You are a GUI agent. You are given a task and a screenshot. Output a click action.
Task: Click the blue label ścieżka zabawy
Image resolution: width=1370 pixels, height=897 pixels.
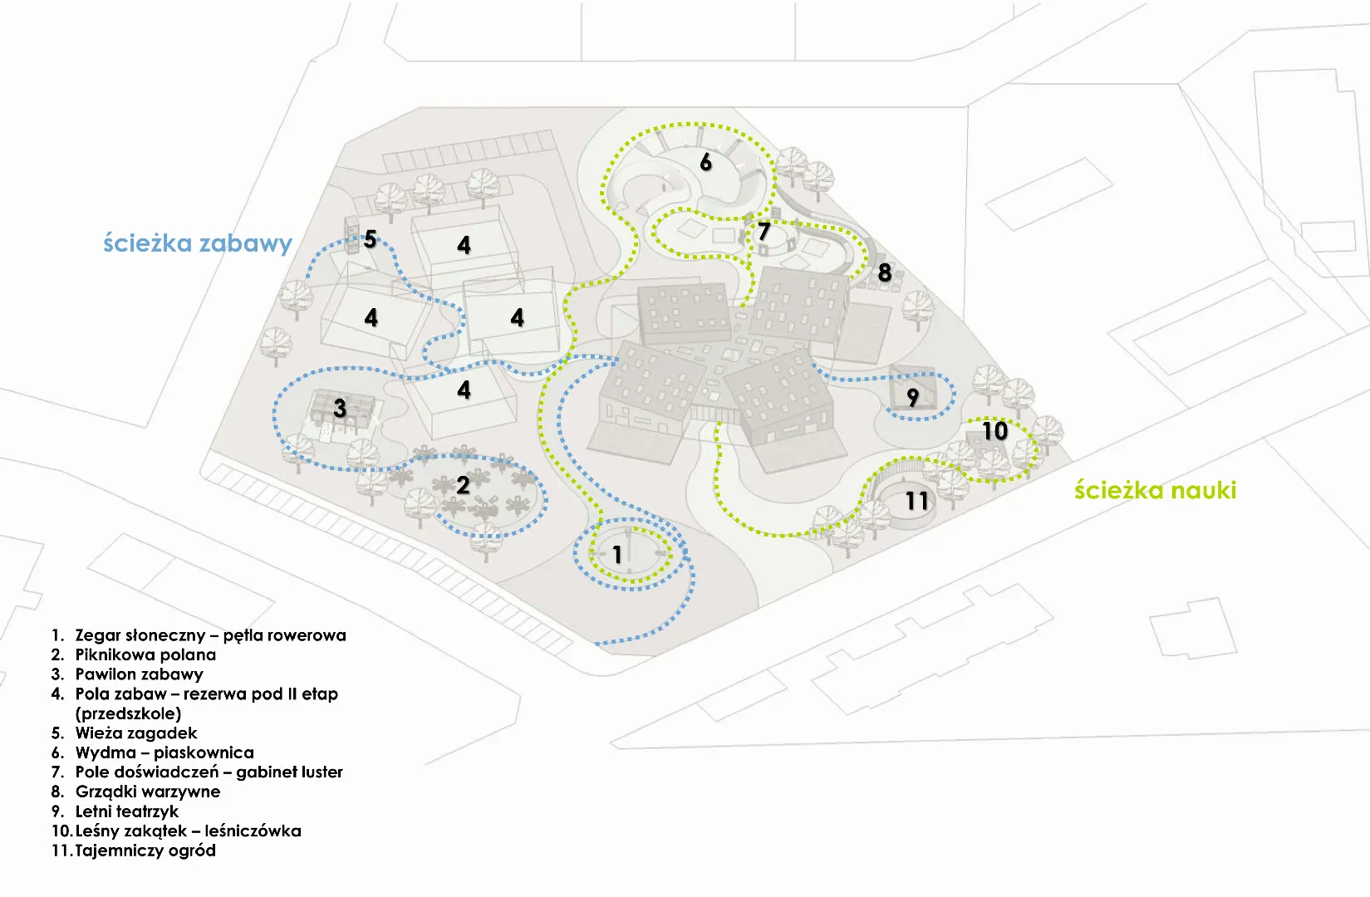198,243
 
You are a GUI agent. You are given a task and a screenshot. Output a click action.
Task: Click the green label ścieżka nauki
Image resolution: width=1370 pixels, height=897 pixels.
1155,490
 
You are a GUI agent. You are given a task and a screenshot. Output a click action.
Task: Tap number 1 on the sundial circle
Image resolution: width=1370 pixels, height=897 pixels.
617,554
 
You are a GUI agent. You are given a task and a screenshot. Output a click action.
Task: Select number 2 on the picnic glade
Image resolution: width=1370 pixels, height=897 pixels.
463,485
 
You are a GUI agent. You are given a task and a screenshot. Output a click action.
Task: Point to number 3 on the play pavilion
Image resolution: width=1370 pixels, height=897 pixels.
340,408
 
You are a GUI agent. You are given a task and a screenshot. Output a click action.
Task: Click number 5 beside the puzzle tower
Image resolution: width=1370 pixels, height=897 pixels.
371,240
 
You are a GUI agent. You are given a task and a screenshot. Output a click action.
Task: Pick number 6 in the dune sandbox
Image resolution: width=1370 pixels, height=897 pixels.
706,162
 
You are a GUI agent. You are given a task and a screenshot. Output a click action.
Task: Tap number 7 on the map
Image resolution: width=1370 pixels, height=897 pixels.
764,232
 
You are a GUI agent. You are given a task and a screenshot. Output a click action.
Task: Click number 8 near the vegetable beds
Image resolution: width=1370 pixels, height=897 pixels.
885,272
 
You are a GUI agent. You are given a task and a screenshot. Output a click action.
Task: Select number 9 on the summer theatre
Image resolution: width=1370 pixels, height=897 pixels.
913,398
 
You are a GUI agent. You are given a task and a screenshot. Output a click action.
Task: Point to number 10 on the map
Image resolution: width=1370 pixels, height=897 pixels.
995,431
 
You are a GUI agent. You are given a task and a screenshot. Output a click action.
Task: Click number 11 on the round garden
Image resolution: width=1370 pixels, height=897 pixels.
917,501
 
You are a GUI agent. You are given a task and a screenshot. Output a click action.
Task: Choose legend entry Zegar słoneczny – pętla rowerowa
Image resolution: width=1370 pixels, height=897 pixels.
210,635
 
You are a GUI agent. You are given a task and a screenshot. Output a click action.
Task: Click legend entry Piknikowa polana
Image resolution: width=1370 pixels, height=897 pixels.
145,654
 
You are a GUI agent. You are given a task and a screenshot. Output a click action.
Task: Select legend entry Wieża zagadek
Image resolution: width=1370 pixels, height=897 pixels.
136,733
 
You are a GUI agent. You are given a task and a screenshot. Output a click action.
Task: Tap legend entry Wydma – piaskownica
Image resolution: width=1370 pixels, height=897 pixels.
164,752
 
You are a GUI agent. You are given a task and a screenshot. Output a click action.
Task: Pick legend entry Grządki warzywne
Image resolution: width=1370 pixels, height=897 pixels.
148,792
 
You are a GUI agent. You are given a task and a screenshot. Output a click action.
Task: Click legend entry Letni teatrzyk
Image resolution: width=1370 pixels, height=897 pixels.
127,811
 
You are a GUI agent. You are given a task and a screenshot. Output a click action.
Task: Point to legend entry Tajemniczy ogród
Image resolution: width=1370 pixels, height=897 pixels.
145,850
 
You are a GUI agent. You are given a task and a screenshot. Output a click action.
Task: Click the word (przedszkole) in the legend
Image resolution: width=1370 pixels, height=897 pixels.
128,713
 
